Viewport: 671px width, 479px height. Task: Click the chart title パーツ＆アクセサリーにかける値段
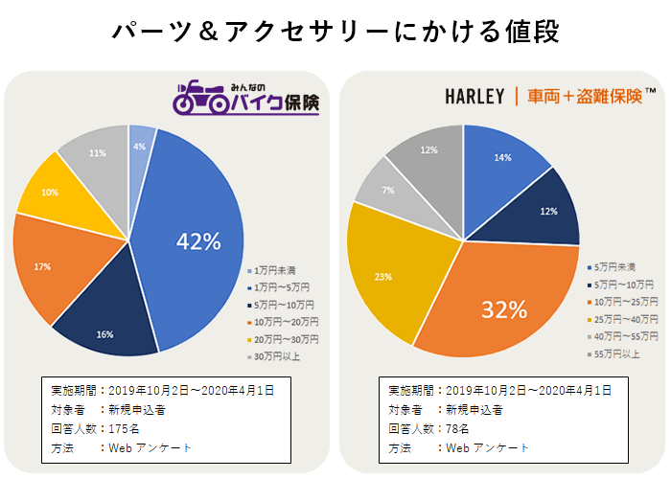click(335, 31)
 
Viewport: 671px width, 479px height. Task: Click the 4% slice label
click(140, 147)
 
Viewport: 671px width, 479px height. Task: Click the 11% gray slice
click(97, 152)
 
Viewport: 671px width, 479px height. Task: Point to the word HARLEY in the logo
click(474, 97)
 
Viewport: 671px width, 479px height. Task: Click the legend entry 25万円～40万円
click(626, 318)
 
